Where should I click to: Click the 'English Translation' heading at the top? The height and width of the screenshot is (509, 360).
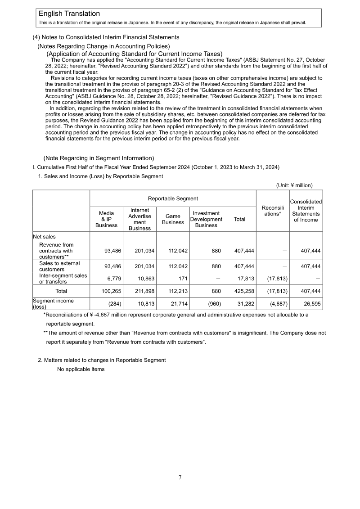pos(69,14)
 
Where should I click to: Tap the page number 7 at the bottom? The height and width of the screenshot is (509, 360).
pos(180,477)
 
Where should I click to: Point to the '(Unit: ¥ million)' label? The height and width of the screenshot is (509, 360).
pos(294,185)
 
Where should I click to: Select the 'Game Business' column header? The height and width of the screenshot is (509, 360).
pos(173,219)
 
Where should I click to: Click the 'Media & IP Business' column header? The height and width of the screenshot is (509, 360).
pos(106,219)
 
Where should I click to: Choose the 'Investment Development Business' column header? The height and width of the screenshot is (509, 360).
pos(206,219)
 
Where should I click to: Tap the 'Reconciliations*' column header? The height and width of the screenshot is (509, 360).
pos(272,210)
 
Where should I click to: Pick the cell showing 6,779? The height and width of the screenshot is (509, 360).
pos(112,279)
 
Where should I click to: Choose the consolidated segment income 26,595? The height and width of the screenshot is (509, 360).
pos(310,304)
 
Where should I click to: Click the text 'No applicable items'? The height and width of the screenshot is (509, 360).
pos(81,369)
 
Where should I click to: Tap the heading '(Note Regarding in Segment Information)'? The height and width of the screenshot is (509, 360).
pos(99,158)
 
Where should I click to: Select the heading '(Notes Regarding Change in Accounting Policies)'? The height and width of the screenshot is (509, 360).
pos(103,46)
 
